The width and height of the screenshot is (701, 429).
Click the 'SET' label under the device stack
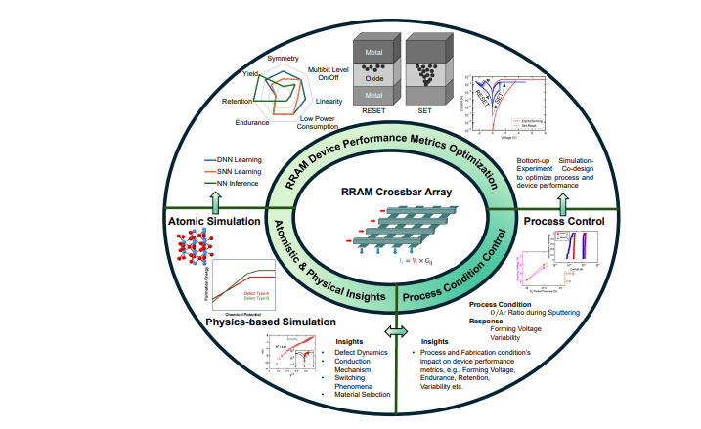[426, 111]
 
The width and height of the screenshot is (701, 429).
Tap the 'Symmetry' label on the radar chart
[285, 58]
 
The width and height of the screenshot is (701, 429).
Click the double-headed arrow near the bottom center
[397, 332]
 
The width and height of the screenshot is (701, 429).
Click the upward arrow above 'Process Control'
[563, 201]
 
